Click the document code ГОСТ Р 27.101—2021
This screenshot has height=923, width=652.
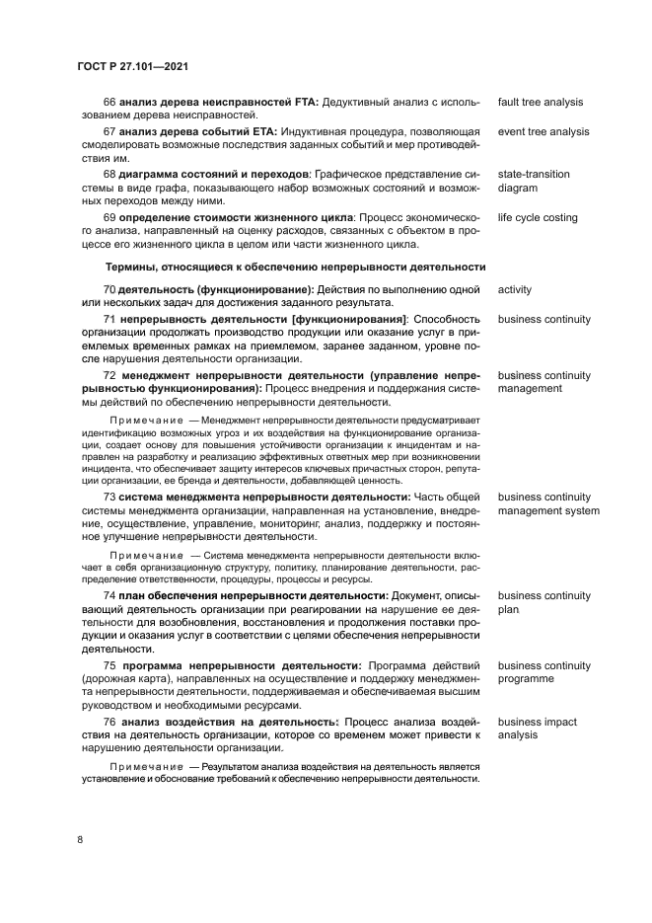(133, 66)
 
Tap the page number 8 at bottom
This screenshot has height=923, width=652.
(80, 839)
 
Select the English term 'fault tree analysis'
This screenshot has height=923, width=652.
(540, 102)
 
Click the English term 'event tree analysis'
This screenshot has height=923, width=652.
(543, 131)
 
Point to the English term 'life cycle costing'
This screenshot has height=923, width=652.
(538, 217)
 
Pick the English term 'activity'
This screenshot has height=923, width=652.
(515, 289)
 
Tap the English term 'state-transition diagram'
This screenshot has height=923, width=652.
(534, 181)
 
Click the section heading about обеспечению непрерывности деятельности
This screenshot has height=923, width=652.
(295, 267)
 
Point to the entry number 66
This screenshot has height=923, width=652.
(109, 102)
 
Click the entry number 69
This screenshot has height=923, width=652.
(109, 217)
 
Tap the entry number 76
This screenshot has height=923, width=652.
(109, 723)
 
